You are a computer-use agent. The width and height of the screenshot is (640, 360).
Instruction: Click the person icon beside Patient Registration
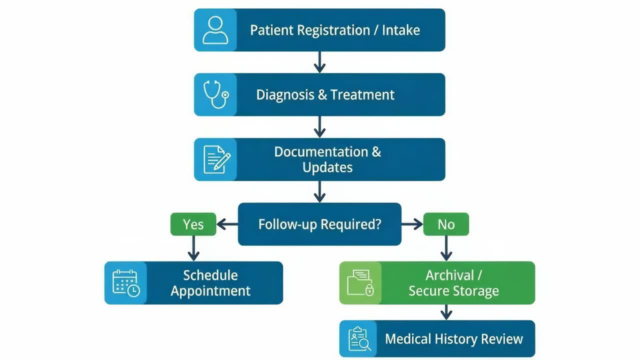tap(215, 30)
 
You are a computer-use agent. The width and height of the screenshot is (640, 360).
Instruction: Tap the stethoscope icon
tap(215, 94)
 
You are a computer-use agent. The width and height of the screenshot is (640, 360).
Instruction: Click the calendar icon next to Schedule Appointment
tap(126, 283)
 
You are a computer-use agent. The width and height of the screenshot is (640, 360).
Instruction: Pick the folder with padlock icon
tap(360, 283)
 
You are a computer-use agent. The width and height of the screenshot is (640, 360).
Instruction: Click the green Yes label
tap(193, 224)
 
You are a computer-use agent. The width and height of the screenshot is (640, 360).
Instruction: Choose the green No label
tap(446, 224)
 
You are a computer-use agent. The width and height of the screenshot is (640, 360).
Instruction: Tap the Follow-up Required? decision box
tap(319, 224)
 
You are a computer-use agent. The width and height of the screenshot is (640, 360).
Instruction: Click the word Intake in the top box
tap(400, 30)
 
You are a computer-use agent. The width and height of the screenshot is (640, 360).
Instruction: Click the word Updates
tap(327, 167)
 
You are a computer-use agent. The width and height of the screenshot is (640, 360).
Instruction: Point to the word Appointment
tap(210, 291)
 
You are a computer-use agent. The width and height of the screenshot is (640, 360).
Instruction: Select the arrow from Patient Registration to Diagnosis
tap(319, 62)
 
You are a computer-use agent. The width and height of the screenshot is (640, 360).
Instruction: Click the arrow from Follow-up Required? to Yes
tap(227, 224)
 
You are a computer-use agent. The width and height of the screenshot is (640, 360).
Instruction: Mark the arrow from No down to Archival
tap(446, 248)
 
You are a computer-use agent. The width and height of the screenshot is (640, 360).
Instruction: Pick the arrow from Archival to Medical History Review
tap(446, 312)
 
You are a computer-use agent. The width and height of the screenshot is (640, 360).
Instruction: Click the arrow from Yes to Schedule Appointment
tap(193, 248)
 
